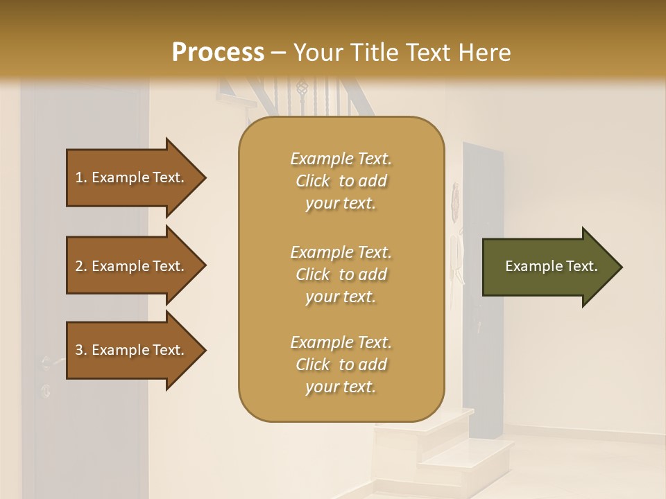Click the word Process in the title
tap(218, 53)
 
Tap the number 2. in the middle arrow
tap(82, 266)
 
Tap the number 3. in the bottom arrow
tap(82, 350)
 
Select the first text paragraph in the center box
tap(341, 181)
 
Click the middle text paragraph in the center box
tap(341, 274)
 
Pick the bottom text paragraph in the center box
tap(341, 365)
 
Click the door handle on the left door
tap(50, 362)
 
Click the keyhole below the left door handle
tap(46, 392)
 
